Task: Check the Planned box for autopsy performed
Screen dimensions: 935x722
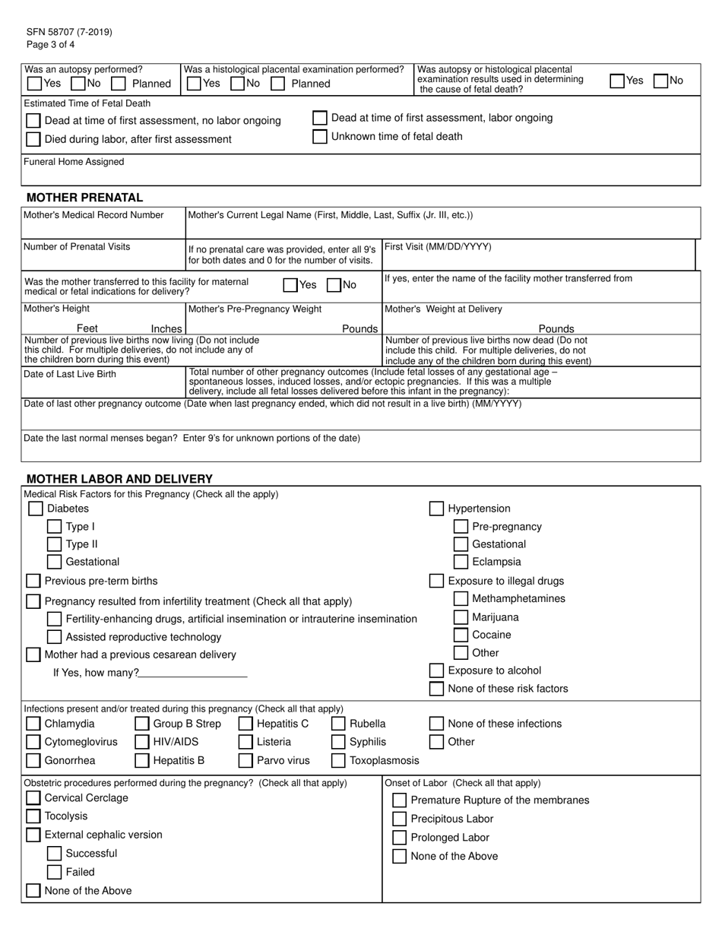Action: (x=119, y=83)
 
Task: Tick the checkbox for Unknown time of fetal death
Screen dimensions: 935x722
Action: (x=320, y=137)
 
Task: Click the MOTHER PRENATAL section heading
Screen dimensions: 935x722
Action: (x=84, y=198)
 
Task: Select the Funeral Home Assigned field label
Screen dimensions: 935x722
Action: (x=74, y=162)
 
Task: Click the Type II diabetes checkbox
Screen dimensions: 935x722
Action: (x=54, y=544)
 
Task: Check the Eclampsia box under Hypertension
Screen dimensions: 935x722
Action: (x=461, y=563)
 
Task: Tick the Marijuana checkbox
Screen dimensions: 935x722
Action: (x=461, y=617)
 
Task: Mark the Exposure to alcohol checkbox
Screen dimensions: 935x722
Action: (x=436, y=670)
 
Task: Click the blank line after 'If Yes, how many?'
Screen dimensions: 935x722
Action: (x=194, y=673)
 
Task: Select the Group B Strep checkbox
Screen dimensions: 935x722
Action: (x=142, y=724)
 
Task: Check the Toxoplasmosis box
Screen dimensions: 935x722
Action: (x=338, y=760)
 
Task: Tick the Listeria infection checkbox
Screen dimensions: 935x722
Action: (x=245, y=742)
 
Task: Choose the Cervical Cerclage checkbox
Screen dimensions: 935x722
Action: (x=33, y=798)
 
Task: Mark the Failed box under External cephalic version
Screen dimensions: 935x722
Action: (x=54, y=872)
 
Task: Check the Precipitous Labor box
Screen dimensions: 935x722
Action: (x=399, y=819)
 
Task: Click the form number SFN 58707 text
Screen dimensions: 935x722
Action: (x=69, y=32)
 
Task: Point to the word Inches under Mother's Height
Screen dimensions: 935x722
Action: (x=166, y=328)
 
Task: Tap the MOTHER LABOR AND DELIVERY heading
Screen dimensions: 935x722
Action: (x=119, y=479)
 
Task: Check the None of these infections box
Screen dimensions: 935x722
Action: (x=436, y=724)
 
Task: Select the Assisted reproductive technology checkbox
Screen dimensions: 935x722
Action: (x=54, y=637)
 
